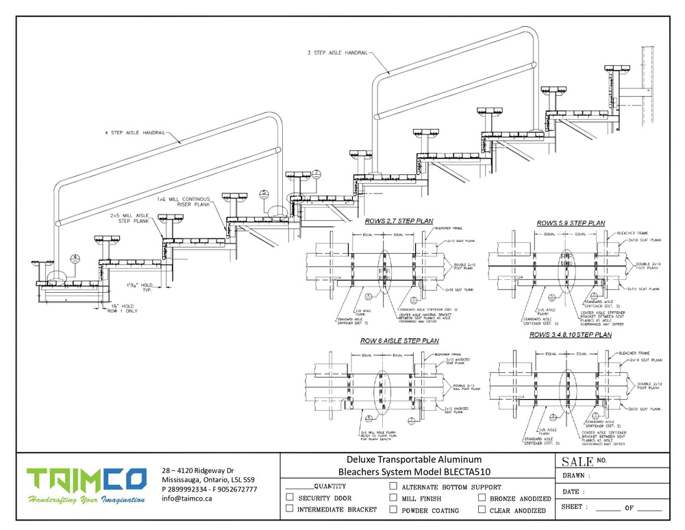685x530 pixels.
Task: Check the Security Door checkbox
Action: click(x=290, y=498)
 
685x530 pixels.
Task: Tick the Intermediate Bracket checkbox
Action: click(x=290, y=509)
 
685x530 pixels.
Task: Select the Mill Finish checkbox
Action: click(x=393, y=498)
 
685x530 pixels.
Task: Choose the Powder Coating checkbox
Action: click(x=393, y=509)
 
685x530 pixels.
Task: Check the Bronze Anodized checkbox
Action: click(x=482, y=498)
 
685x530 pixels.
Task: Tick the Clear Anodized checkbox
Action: click(x=482, y=509)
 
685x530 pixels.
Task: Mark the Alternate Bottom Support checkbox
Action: click(x=393, y=486)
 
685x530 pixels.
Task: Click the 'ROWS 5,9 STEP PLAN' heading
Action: click(x=571, y=223)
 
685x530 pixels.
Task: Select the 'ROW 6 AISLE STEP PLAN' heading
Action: click(x=399, y=340)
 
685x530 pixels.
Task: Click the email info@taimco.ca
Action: click(x=187, y=498)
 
